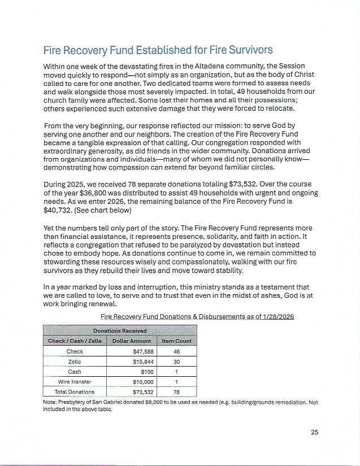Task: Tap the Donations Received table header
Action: tap(120, 330)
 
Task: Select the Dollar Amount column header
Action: tap(131, 341)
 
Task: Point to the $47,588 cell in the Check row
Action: tap(138, 351)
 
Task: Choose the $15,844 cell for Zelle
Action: tap(138, 362)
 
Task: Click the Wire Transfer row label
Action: tap(75, 382)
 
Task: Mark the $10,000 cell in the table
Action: tap(138, 382)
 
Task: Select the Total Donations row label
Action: tap(75, 391)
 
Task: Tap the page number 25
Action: tap(315, 433)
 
